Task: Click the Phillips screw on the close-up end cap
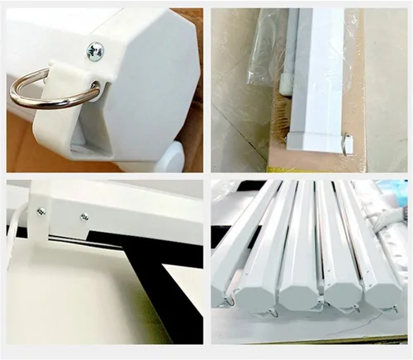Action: pos(95,50)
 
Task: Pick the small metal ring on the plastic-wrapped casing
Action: pos(345,145)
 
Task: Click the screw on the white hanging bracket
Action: pos(40,211)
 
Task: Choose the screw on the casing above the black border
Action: pos(83,217)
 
